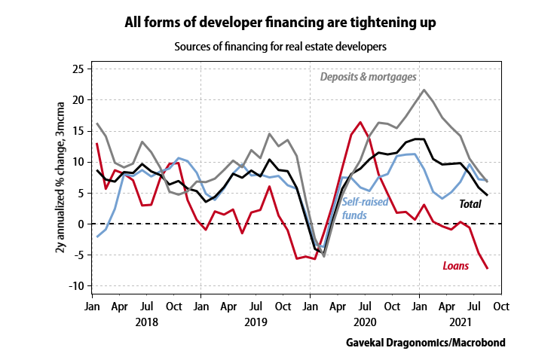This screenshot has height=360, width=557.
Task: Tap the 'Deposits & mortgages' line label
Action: pos(369,76)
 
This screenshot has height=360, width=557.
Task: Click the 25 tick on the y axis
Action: pos(77,69)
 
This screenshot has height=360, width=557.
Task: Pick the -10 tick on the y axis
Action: pos(75,286)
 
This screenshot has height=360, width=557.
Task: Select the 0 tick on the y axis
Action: pos(79,224)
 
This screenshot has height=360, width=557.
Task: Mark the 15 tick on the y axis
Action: pos(77,131)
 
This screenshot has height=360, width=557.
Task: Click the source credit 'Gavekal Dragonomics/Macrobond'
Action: pos(425,342)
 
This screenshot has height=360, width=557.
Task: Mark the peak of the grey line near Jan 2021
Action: pos(424,90)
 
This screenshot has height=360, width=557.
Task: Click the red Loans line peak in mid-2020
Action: pos(361,122)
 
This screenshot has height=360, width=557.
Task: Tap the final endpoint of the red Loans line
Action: pos(488,268)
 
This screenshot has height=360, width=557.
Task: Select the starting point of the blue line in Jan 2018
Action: pos(97,236)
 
